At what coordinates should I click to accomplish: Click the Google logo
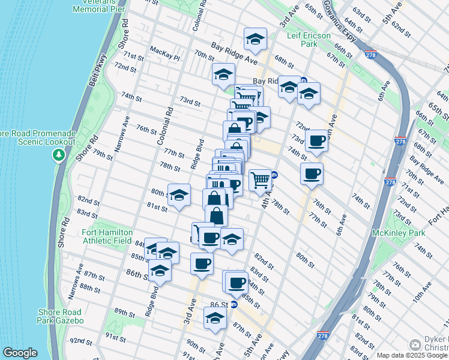pos(20,353)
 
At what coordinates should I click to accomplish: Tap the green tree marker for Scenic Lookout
pos(58,155)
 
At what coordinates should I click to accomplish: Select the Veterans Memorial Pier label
pos(97,7)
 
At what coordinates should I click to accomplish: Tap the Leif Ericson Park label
pos(308,40)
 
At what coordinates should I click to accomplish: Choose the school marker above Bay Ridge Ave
pos(255,39)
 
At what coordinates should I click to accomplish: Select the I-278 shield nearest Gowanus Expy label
pos(370,55)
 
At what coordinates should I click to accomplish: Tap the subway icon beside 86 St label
pos(234,304)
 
